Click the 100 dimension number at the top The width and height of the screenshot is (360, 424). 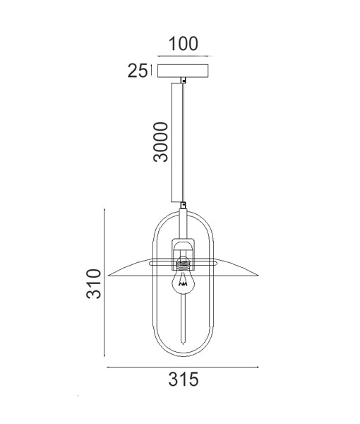point(183,44)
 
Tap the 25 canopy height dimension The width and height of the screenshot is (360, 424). point(137,70)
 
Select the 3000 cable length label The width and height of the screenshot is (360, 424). point(161,142)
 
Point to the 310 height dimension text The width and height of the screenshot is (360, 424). point(96,283)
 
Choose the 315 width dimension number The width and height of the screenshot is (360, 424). point(183,379)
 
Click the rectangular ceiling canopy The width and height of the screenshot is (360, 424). point(183,71)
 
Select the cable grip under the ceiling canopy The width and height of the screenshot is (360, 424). point(183,81)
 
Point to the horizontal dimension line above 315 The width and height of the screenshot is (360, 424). point(183,367)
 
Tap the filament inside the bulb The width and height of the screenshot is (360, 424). point(184,285)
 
